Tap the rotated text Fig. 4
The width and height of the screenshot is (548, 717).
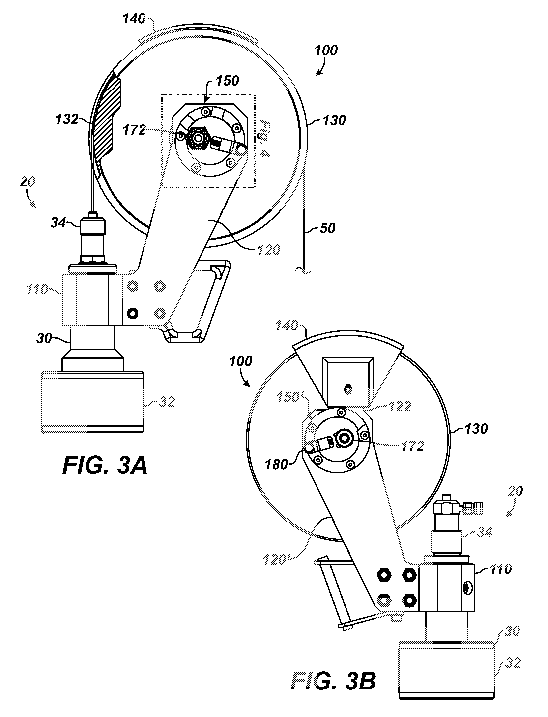coord(266,140)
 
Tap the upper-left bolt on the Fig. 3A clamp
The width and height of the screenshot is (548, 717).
coord(133,286)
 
